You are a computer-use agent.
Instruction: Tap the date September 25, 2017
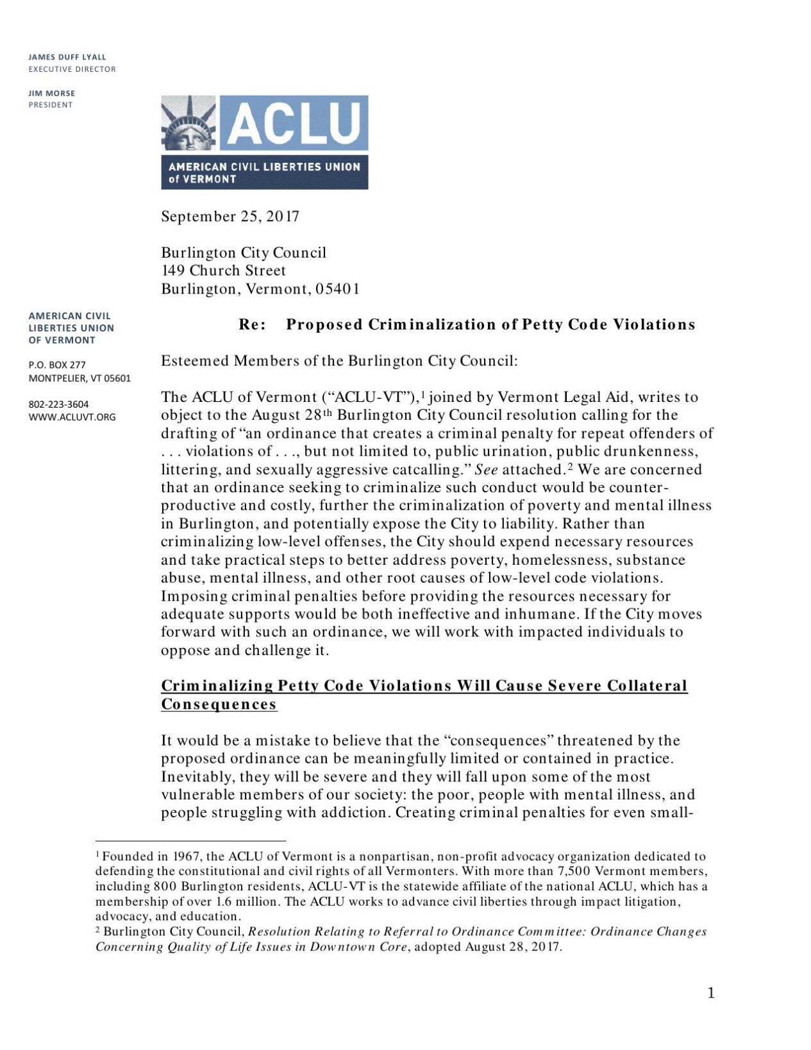click(230, 217)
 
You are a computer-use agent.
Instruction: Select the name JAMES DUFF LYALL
click(67, 57)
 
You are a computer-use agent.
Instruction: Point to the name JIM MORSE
click(51, 93)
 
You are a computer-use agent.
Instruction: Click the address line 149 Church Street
click(223, 271)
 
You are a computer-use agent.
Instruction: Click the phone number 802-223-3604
click(58, 404)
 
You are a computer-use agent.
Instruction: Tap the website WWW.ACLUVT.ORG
click(72, 417)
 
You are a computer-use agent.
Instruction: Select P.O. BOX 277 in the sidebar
click(57, 365)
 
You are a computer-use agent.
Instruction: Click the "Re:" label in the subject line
click(253, 324)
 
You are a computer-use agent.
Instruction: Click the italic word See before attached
click(486, 470)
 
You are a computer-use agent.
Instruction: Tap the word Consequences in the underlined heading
click(219, 704)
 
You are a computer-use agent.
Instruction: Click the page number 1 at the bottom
click(710, 993)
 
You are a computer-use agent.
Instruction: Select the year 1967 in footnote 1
click(189, 856)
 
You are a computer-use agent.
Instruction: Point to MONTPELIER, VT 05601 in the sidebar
click(79, 378)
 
